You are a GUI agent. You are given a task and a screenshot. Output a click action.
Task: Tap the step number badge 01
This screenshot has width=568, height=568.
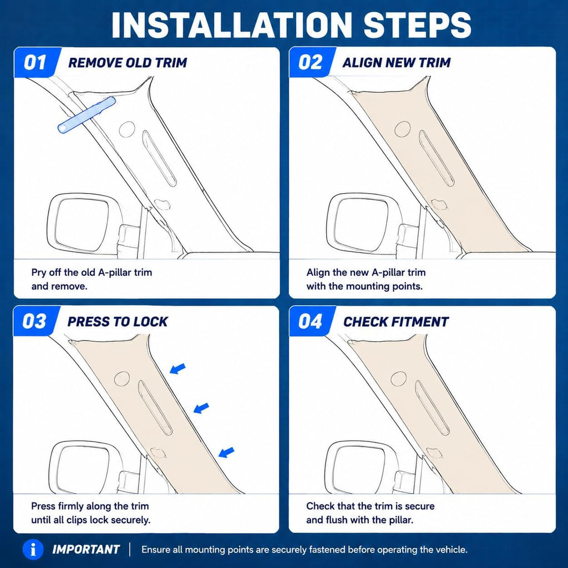tap(35, 62)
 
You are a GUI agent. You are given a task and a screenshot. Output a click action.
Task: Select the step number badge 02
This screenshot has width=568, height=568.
tap(310, 62)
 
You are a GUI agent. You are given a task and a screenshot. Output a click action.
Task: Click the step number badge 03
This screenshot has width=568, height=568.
tap(35, 321)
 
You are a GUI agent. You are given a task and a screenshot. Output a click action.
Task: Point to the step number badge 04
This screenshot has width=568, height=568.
tap(310, 321)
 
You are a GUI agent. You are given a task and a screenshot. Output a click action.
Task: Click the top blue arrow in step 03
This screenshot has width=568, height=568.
tap(177, 369)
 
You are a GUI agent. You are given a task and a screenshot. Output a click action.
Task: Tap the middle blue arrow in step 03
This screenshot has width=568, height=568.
tap(201, 408)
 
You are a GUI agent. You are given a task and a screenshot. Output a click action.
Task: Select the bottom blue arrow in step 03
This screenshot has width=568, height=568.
tap(226, 452)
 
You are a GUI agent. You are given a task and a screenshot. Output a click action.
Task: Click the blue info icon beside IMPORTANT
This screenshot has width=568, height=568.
tap(33, 550)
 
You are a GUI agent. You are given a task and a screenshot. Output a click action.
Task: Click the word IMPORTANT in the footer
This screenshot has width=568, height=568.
tap(86, 550)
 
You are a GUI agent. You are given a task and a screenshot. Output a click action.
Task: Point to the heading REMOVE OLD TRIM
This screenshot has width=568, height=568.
tap(128, 63)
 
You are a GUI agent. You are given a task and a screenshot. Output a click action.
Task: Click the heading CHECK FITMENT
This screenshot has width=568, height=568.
tap(396, 322)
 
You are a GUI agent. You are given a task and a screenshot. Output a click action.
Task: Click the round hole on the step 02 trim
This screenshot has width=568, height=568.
tap(402, 129)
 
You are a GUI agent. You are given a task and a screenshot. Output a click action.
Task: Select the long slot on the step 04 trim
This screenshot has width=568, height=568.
tap(432, 408)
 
